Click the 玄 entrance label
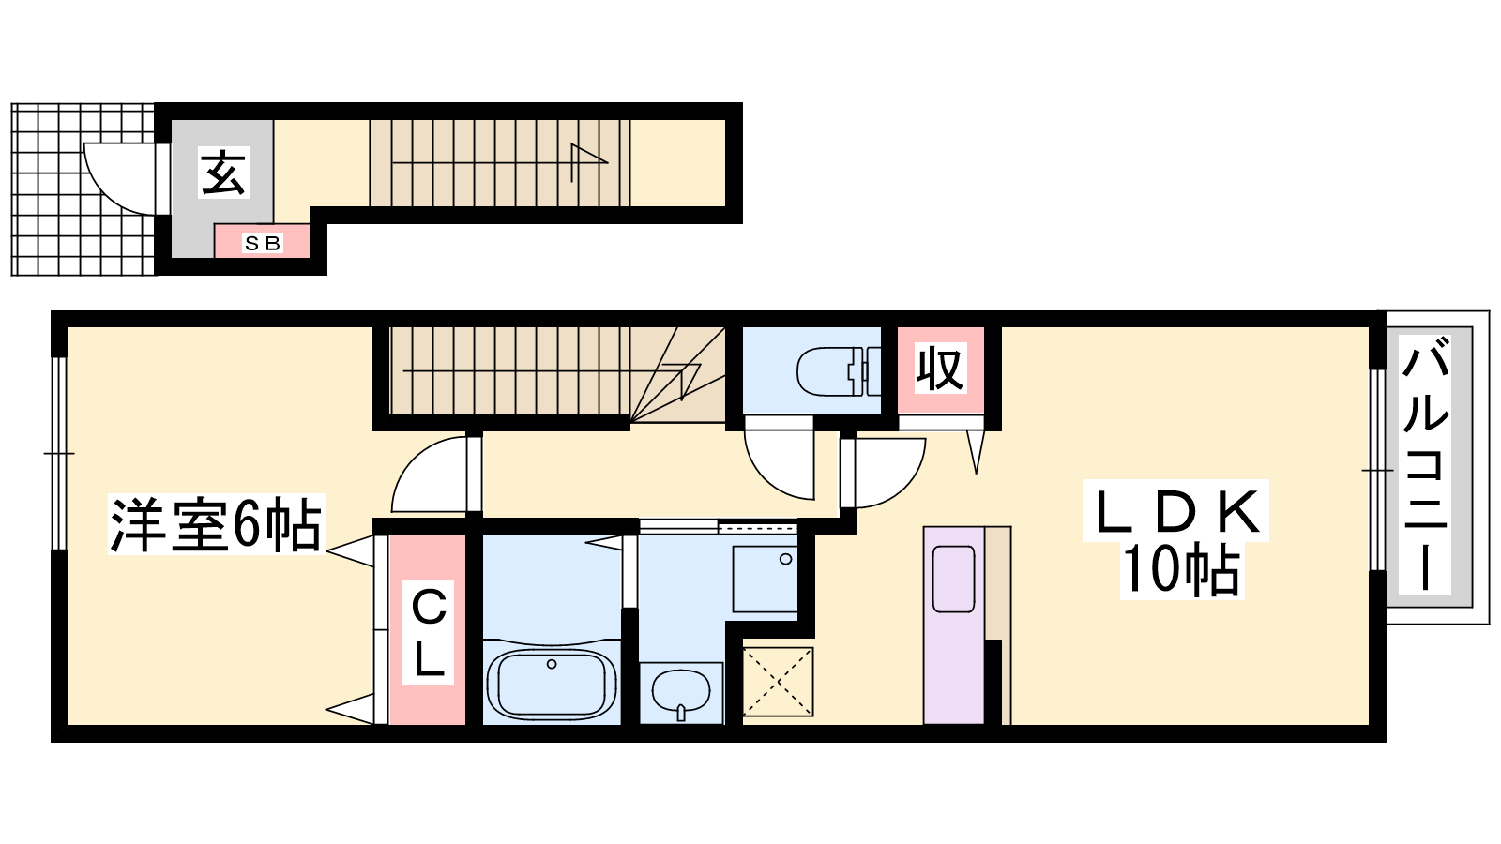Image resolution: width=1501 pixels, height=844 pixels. point(224,173)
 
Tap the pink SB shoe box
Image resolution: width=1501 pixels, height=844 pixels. point(262,241)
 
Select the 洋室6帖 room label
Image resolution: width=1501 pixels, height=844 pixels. point(217,524)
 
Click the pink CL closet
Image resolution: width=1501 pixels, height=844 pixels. point(428,629)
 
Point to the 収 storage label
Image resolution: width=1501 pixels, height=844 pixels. point(941,368)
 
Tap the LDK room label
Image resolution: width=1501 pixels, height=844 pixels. point(1175,510)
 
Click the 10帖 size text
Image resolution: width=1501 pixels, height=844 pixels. point(1181,570)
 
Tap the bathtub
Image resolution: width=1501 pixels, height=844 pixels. point(552,684)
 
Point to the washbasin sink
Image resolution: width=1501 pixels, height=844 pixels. point(681,693)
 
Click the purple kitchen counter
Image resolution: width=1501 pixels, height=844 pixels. point(953,625)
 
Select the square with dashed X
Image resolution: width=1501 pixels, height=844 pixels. point(778,682)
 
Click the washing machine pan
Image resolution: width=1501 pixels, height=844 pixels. point(765,579)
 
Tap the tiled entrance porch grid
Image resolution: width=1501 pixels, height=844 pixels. point(83,189)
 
